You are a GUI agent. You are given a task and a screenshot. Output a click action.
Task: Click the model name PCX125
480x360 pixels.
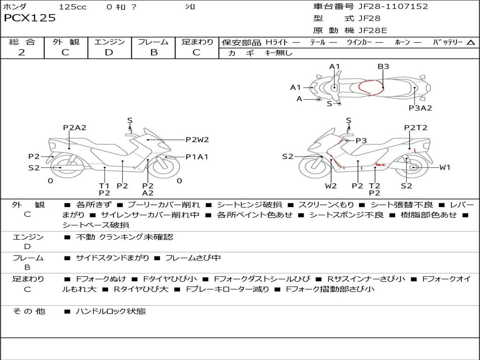(x=30, y=18)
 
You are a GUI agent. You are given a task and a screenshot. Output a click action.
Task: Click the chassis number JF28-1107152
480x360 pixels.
(x=393, y=7)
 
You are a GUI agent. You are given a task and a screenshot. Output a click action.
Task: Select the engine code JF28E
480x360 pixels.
(x=373, y=31)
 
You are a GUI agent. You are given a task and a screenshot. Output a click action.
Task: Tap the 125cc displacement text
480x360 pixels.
(x=73, y=7)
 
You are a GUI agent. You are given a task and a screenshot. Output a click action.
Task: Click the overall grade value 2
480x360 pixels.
(x=22, y=52)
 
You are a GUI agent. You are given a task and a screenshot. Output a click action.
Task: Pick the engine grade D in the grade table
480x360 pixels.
(x=109, y=52)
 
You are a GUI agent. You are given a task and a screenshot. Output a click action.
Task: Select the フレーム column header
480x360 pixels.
(x=153, y=42)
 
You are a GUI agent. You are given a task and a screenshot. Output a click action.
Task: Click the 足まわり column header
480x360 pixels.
(x=197, y=42)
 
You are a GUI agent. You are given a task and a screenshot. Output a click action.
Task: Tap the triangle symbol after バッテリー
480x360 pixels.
(x=471, y=43)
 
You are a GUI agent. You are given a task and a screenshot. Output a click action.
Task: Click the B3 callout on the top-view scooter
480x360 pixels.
(x=383, y=67)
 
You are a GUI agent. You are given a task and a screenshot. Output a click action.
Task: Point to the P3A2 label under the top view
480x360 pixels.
(x=420, y=108)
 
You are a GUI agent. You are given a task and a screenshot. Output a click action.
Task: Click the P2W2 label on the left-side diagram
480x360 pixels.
(x=197, y=139)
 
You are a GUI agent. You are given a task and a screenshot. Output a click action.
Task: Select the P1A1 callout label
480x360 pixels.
(x=197, y=157)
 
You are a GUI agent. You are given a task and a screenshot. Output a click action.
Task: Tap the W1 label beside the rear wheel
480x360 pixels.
(x=445, y=167)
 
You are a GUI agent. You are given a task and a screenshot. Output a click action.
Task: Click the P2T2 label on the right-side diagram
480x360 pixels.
(x=416, y=127)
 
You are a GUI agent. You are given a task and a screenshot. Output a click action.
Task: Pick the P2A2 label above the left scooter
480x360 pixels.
(x=75, y=127)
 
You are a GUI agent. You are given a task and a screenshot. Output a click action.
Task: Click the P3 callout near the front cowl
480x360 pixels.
(x=361, y=141)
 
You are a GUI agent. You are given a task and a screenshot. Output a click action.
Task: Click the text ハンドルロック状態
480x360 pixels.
(x=111, y=311)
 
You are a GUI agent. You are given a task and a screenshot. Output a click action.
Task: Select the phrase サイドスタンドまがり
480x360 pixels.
(x=112, y=258)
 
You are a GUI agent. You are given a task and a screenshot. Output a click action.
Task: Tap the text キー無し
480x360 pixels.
(x=278, y=53)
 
